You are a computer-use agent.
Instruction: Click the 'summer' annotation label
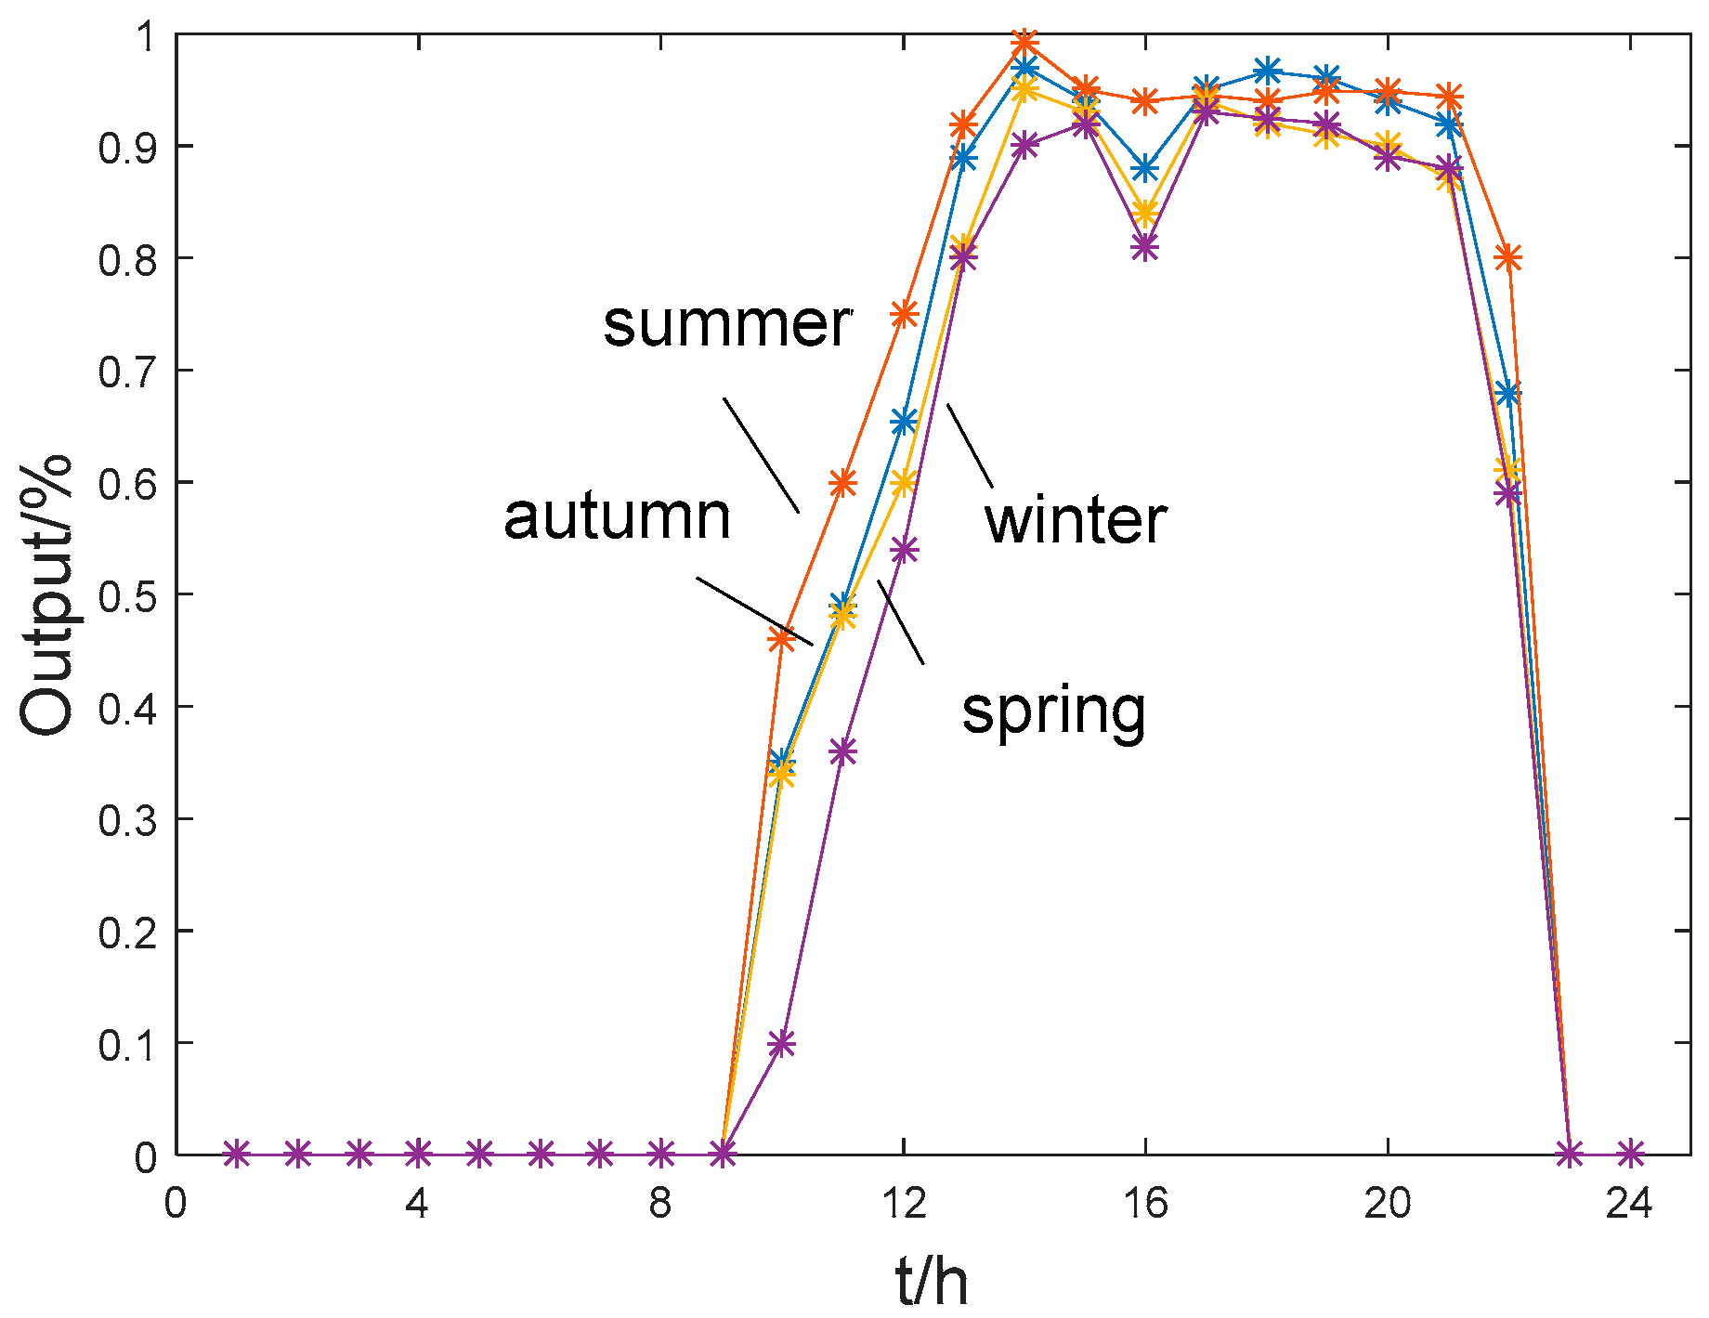(726, 324)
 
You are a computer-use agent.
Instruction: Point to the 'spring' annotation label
(1053, 711)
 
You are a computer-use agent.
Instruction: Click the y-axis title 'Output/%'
(46, 595)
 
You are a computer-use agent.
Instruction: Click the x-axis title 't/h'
(932, 1281)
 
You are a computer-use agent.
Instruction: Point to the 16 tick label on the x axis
(1144, 1204)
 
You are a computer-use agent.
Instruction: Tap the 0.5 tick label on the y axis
(127, 594)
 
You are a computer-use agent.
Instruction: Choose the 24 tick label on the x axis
(1629, 1204)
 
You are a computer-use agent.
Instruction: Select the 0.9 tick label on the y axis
(127, 147)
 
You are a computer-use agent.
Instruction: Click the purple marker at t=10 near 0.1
(782, 1043)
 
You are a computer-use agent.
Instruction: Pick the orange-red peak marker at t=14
(1024, 43)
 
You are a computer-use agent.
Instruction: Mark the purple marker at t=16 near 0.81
(1145, 247)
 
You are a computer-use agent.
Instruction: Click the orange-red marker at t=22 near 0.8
(1508, 257)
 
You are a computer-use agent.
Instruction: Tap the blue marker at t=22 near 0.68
(1508, 393)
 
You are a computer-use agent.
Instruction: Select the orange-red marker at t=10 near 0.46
(782, 639)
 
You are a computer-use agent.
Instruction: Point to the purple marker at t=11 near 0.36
(842, 751)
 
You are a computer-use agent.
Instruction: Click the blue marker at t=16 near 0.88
(1145, 169)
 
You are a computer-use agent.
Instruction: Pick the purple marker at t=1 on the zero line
(237, 1155)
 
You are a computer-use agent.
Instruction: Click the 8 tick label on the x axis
(659, 1204)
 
